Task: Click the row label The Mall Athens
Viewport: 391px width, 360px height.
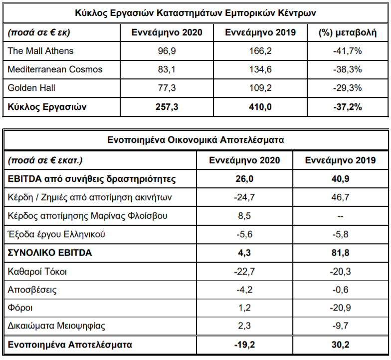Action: coord(41,51)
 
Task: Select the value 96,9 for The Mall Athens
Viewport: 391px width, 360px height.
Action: coord(167,51)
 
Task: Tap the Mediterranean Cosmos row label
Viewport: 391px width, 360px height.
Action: coord(55,69)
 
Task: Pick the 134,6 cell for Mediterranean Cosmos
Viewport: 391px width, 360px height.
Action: coord(260,69)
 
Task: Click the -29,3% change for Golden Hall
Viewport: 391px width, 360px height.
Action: coord(347,88)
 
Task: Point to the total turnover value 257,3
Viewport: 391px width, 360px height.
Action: coord(167,107)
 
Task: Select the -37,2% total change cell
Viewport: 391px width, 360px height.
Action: coord(347,107)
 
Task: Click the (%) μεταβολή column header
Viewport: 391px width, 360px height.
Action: coord(348,33)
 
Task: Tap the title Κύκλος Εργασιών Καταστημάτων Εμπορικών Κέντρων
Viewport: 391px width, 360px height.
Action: coord(195,13)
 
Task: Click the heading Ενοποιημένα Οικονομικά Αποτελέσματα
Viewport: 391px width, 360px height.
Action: coord(195,140)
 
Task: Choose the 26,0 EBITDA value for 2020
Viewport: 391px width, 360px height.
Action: coord(244,179)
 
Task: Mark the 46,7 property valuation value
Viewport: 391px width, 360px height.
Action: coord(340,197)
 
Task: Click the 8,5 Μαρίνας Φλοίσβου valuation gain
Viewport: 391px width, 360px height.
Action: coord(244,216)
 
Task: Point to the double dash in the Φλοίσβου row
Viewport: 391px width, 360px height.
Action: coord(340,216)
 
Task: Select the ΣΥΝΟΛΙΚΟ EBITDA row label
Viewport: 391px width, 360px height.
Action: coord(50,253)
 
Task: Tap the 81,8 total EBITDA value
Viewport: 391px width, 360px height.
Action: coord(340,253)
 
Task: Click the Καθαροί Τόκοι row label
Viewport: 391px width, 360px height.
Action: coord(37,272)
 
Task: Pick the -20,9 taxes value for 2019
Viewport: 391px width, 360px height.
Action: coord(340,308)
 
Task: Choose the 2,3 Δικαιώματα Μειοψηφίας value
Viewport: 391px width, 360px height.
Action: coord(244,326)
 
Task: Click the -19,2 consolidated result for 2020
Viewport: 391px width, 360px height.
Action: coord(244,345)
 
